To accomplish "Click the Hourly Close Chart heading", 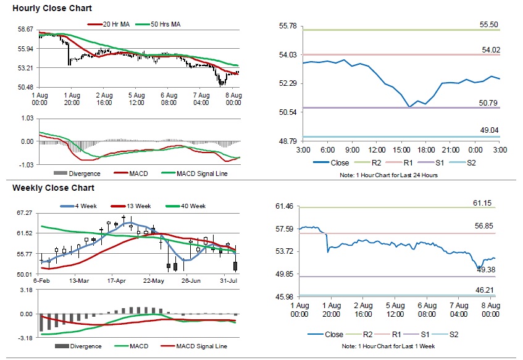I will point(52,9).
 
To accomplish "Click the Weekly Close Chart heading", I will point(53,188).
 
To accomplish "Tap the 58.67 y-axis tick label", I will point(25,30).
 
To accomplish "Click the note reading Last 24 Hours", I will point(401,175).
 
